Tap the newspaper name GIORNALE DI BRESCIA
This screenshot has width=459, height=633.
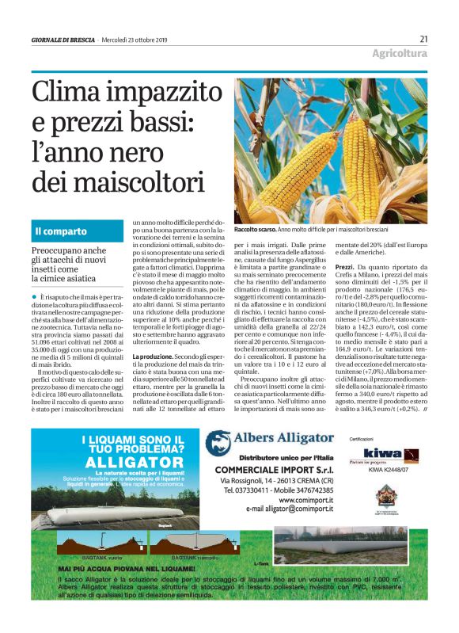coord(63,40)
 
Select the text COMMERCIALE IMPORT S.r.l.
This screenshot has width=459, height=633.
coord(271,468)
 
